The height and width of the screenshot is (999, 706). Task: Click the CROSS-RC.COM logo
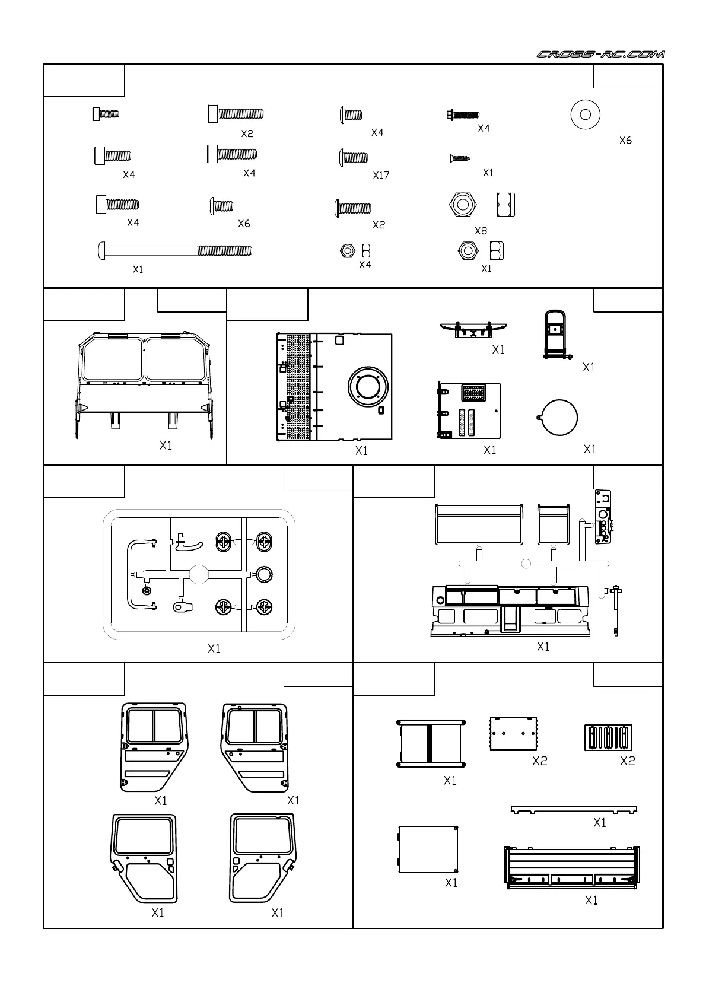[600, 54]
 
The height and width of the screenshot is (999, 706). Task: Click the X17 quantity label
[381, 175]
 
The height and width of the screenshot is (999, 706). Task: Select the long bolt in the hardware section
[174, 250]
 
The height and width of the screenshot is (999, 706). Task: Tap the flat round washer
[585, 114]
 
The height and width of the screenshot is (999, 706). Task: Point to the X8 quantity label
[481, 231]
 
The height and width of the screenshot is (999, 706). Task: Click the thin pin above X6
[622, 114]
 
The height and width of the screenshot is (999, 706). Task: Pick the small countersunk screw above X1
[459, 158]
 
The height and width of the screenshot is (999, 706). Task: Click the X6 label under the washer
[625, 141]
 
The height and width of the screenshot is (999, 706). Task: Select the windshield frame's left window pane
[113, 359]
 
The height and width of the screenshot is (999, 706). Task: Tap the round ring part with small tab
[559, 418]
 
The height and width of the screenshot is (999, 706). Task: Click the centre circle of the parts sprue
[199, 574]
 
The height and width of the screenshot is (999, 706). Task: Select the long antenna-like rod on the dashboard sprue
[617, 611]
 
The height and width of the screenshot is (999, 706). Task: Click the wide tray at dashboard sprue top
[478, 524]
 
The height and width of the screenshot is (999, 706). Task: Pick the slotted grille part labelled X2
[608, 737]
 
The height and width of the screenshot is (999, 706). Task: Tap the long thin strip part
[574, 809]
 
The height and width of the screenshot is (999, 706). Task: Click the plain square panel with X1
[428, 849]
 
